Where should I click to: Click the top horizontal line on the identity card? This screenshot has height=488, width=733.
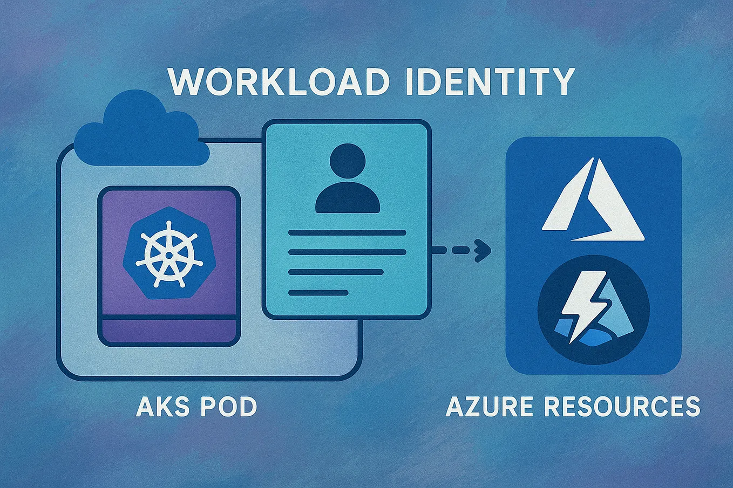click(x=347, y=232)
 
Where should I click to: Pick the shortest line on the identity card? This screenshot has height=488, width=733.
click(x=318, y=293)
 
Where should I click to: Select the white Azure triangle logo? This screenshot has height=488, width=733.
click(x=593, y=200)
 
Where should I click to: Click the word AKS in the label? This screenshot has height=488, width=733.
click(x=161, y=407)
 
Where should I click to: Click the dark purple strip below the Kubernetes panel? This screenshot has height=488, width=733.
click(x=169, y=330)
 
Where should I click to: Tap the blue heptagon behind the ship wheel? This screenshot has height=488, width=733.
click(x=135, y=270)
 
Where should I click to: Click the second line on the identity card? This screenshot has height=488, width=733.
click(x=347, y=252)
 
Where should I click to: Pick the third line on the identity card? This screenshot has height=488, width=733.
click(x=336, y=272)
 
